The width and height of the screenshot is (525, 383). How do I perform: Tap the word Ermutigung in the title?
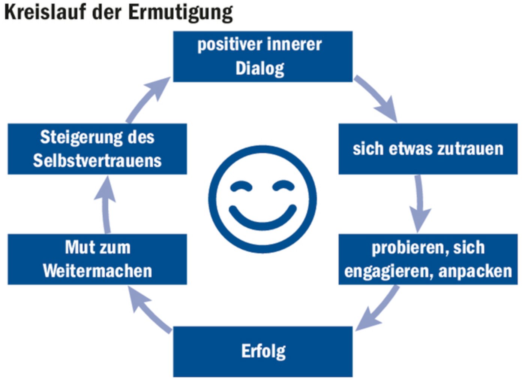(180, 12)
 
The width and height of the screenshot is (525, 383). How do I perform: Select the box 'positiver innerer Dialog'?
(262, 57)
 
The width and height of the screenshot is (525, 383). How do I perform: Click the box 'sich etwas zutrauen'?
(428, 149)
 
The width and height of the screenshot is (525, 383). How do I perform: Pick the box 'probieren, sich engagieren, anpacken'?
(428, 259)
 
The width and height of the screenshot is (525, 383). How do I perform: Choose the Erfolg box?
(262, 351)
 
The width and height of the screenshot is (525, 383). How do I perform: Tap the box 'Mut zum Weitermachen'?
(97, 259)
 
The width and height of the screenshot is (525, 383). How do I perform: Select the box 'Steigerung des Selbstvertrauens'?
(97, 149)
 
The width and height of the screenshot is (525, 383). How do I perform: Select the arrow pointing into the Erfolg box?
(377, 308)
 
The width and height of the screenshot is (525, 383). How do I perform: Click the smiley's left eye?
(241, 186)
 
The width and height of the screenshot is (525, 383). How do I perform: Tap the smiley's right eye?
(283, 186)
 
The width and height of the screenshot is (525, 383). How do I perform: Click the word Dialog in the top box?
(260, 69)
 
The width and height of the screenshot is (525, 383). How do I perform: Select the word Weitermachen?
(97, 271)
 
